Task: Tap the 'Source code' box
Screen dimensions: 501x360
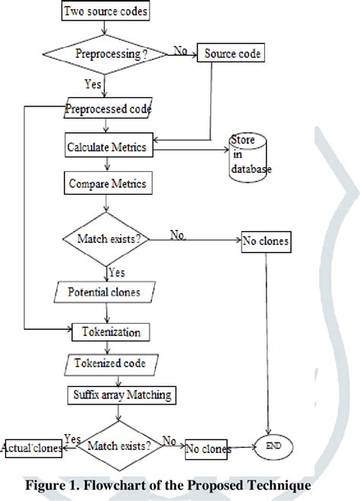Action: pos(231,53)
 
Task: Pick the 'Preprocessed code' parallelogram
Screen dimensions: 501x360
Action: pos(108,108)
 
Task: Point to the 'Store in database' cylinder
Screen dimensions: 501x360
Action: pos(249,157)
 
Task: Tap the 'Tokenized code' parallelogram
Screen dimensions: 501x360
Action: pos(111,363)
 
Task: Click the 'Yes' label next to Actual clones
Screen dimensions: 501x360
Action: pos(73,439)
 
